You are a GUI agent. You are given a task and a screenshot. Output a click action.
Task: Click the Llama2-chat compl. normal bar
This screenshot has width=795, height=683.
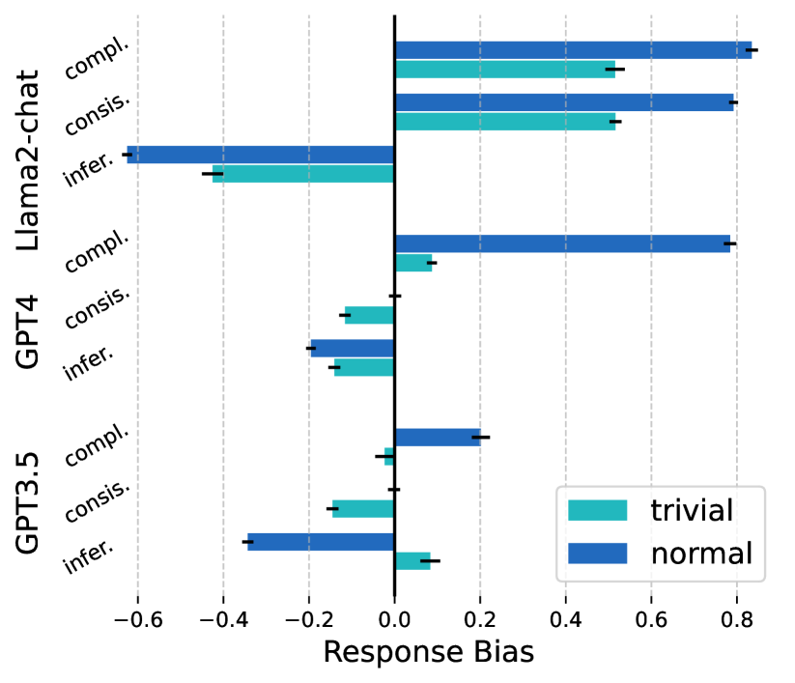[x=573, y=50]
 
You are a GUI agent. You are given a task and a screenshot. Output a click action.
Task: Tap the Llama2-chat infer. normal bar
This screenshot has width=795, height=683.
[x=261, y=155]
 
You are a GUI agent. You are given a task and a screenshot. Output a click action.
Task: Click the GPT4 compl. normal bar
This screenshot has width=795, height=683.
[x=562, y=243]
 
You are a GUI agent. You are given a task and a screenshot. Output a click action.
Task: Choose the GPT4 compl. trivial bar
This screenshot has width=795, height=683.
[x=413, y=263]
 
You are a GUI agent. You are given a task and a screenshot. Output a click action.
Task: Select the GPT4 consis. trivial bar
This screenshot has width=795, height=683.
[x=370, y=315]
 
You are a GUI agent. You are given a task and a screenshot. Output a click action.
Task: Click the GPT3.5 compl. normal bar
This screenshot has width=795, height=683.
[x=438, y=438]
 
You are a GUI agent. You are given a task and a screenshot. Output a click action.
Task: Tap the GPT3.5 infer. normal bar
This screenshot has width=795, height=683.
[x=321, y=542]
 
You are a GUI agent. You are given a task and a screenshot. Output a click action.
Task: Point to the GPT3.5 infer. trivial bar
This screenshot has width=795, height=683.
[x=412, y=560]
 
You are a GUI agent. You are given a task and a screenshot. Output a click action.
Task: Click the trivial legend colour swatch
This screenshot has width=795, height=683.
[x=597, y=510]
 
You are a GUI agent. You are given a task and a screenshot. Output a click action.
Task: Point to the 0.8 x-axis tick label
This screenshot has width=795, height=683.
[x=736, y=617]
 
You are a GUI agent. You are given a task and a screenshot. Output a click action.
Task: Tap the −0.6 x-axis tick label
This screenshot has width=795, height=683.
[x=136, y=617]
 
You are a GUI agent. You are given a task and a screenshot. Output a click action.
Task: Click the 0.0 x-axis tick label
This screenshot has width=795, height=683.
[x=394, y=617]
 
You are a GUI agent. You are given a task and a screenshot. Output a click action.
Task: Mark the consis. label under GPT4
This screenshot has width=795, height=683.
[x=97, y=308]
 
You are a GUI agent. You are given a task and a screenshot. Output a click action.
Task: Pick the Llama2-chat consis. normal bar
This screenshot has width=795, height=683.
[x=564, y=102]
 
